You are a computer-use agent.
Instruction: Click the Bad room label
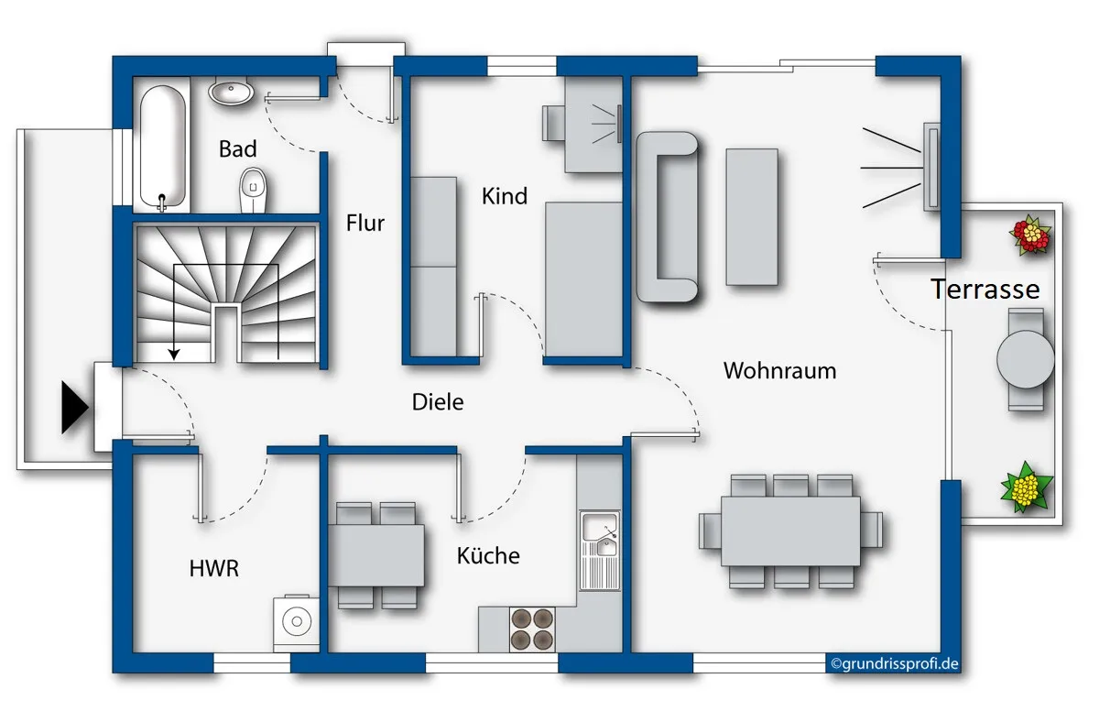coord(237,149)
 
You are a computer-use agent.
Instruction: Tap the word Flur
coord(365,224)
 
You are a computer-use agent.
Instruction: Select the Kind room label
coord(505,196)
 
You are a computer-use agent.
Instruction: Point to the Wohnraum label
coord(779,370)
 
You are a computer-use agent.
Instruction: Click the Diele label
coord(438,402)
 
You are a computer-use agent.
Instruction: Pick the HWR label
coord(214,569)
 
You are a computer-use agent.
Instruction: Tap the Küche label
coord(488,555)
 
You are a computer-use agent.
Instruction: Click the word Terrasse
coord(985,289)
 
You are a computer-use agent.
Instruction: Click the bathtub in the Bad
coord(162,148)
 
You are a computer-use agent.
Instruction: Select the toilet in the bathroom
coord(253,191)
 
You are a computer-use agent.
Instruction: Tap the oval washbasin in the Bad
coord(231,91)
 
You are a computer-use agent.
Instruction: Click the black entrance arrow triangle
coord(74,408)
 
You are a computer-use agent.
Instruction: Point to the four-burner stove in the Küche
coord(532,629)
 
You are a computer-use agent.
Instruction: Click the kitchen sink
coord(600,551)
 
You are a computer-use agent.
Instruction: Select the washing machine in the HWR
coord(297,622)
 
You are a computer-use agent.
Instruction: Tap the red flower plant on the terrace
coord(1031,235)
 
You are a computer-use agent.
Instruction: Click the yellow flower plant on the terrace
coord(1026,487)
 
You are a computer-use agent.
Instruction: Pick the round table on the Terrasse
coord(1026,360)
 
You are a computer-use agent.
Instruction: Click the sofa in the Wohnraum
coord(667,216)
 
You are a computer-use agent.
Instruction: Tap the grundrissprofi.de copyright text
coord(895,664)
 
